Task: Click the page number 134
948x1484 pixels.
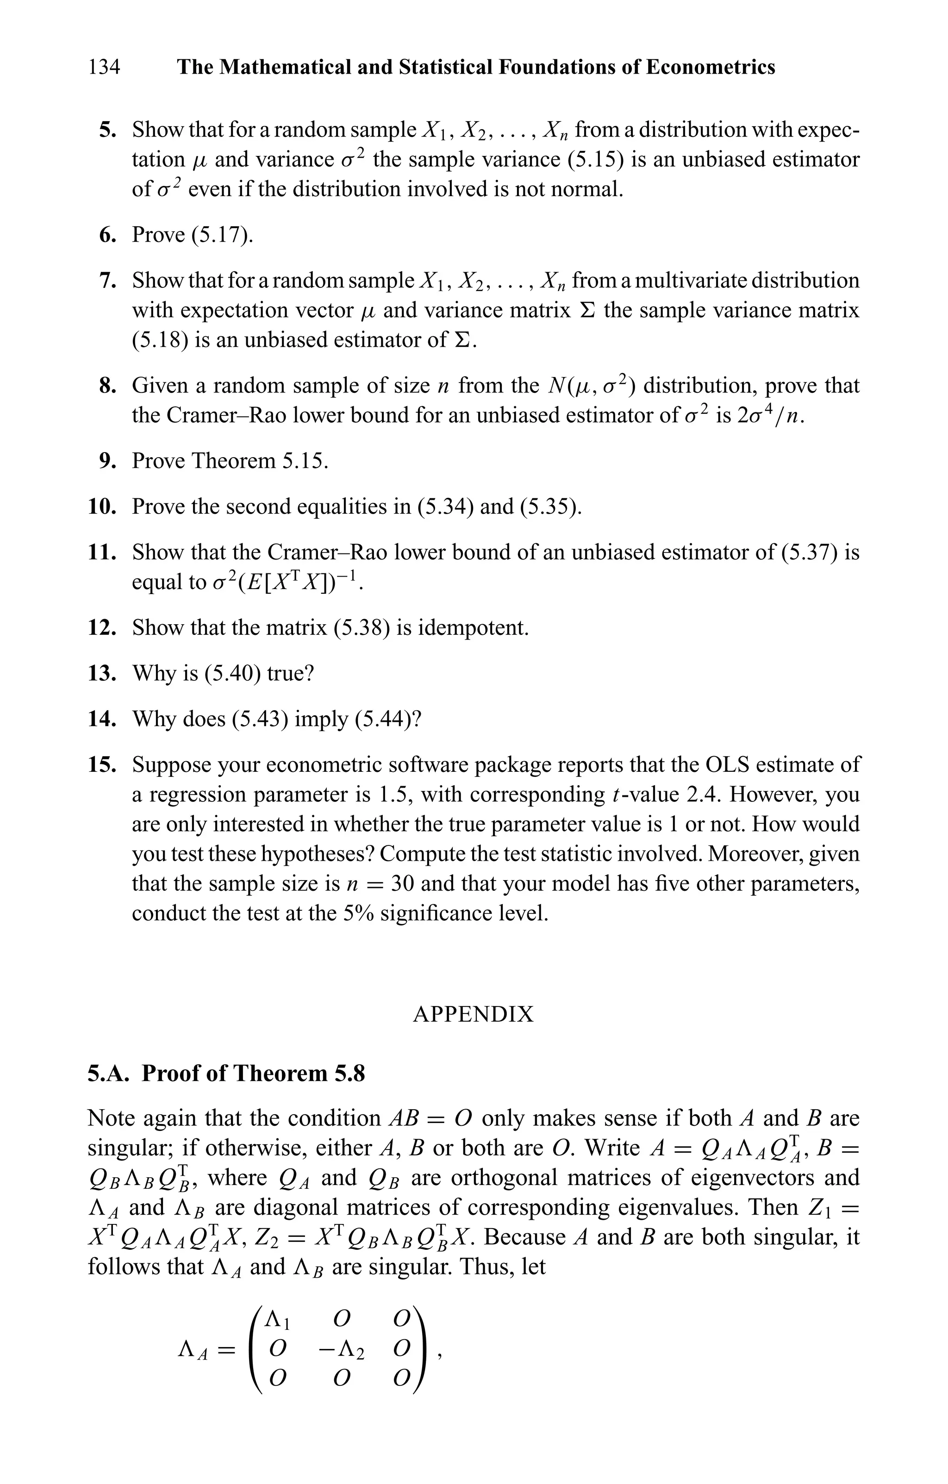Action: (x=104, y=67)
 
